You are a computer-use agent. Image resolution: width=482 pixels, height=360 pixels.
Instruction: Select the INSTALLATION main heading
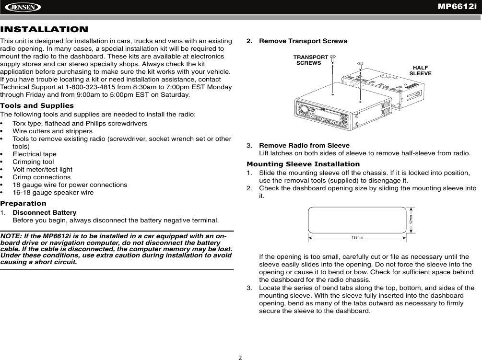coord(44,30)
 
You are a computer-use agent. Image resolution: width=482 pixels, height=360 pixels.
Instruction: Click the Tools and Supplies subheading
coord(37,105)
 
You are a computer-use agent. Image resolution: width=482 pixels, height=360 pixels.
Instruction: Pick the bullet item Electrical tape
coord(34,154)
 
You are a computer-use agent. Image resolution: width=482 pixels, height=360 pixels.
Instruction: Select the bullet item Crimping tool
coord(33,162)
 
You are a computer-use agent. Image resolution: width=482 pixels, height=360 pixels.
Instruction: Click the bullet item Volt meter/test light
coord(42,169)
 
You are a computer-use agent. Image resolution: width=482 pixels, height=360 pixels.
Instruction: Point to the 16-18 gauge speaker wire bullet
coord(53,192)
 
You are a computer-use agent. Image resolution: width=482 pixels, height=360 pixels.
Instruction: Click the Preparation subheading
coord(24,203)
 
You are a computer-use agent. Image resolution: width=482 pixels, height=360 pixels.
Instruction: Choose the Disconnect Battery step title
coord(44,212)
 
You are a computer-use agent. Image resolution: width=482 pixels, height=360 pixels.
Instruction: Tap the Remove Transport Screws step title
coord(303,41)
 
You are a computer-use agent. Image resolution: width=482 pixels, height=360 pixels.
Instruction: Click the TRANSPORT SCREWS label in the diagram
coord(310,60)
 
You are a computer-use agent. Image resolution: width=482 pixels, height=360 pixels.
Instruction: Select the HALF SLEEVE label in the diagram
coord(420,70)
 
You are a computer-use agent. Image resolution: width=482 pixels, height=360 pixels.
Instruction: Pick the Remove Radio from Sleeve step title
coord(304,145)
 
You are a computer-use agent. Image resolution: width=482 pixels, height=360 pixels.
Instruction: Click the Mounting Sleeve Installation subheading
coord(303,164)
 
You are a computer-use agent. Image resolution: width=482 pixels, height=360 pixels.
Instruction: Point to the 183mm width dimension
coord(357,237)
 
